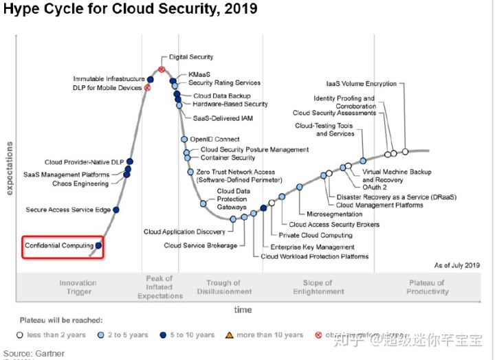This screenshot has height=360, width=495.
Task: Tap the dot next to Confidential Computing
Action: [99, 245]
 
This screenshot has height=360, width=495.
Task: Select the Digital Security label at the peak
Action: [191, 57]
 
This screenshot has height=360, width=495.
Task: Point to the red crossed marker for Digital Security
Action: [162, 69]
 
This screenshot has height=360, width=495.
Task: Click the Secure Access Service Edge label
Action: [68, 210]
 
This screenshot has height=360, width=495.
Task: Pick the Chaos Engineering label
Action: [80, 184]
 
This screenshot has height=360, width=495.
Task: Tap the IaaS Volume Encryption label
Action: [362, 84]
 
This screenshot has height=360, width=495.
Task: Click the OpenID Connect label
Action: [216, 139]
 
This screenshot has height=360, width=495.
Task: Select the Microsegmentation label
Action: [334, 214]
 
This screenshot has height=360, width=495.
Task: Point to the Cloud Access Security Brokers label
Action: [334, 225]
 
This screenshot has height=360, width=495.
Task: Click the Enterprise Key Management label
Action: [312, 247]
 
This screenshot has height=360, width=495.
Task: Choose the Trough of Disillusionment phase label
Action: [223, 287]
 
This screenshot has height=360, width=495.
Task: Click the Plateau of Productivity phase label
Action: [427, 287]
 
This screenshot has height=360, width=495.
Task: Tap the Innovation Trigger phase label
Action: [78, 287]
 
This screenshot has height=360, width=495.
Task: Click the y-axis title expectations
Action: [9, 168]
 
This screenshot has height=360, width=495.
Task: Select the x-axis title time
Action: [243, 310]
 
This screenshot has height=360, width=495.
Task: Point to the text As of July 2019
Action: [456, 265]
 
